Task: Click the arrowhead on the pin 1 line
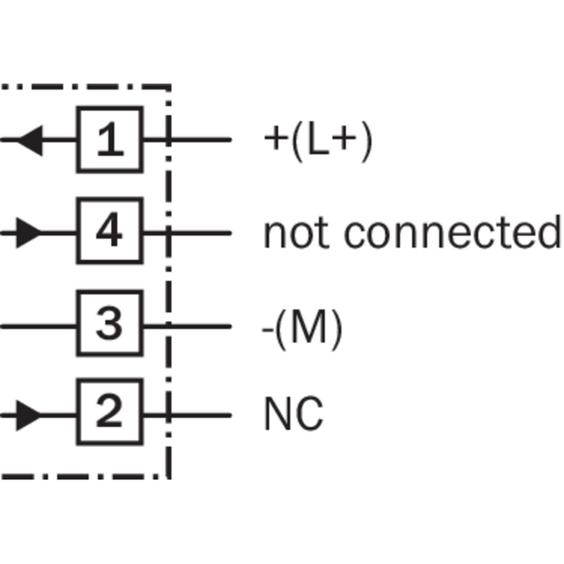(x=30, y=140)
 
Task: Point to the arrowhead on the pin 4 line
(x=29, y=233)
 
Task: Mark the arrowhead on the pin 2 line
(x=29, y=415)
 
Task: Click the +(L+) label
(x=318, y=141)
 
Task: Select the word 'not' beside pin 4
(x=296, y=233)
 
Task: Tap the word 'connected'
(x=453, y=232)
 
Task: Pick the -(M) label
(x=302, y=330)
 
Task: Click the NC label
(x=294, y=413)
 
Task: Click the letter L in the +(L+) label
(x=318, y=139)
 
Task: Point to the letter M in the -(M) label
(x=309, y=327)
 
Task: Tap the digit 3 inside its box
(x=109, y=323)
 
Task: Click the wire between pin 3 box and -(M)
(x=187, y=326)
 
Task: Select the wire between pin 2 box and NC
(x=187, y=416)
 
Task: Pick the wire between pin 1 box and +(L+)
(x=187, y=139)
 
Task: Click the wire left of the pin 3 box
(x=38, y=326)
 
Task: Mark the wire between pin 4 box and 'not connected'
(x=187, y=233)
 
